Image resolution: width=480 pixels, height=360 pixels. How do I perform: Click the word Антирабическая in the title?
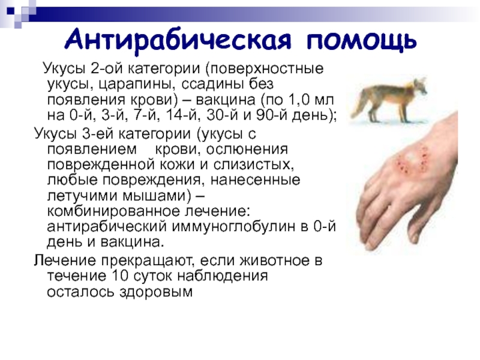click(178, 40)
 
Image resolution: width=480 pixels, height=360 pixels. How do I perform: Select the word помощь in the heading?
click(362, 40)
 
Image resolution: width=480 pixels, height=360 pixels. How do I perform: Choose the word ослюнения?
click(247, 149)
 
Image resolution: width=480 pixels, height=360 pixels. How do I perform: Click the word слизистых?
click(254, 164)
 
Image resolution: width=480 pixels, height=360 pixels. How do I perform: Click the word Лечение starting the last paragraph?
click(65, 260)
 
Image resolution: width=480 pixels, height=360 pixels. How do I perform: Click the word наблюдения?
click(223, 276)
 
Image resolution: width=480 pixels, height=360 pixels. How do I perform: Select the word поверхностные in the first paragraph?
click(264, 68)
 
